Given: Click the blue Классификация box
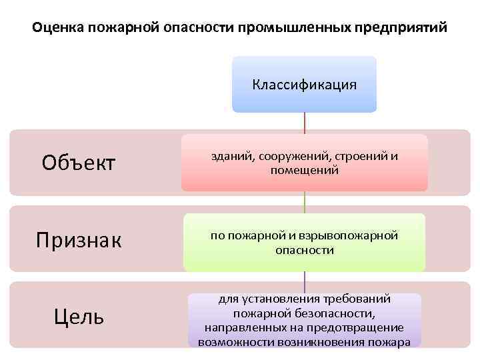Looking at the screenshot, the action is (304, 85).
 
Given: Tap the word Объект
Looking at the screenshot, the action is (78, 162).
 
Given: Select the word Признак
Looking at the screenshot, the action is (78, 239).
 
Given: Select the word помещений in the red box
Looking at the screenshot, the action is (305, 171).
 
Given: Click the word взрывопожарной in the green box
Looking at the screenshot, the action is (353, 237).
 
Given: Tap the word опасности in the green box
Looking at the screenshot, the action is (305, 251).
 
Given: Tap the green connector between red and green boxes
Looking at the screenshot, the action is (305, 202).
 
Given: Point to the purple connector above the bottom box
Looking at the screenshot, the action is (305, 281).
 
